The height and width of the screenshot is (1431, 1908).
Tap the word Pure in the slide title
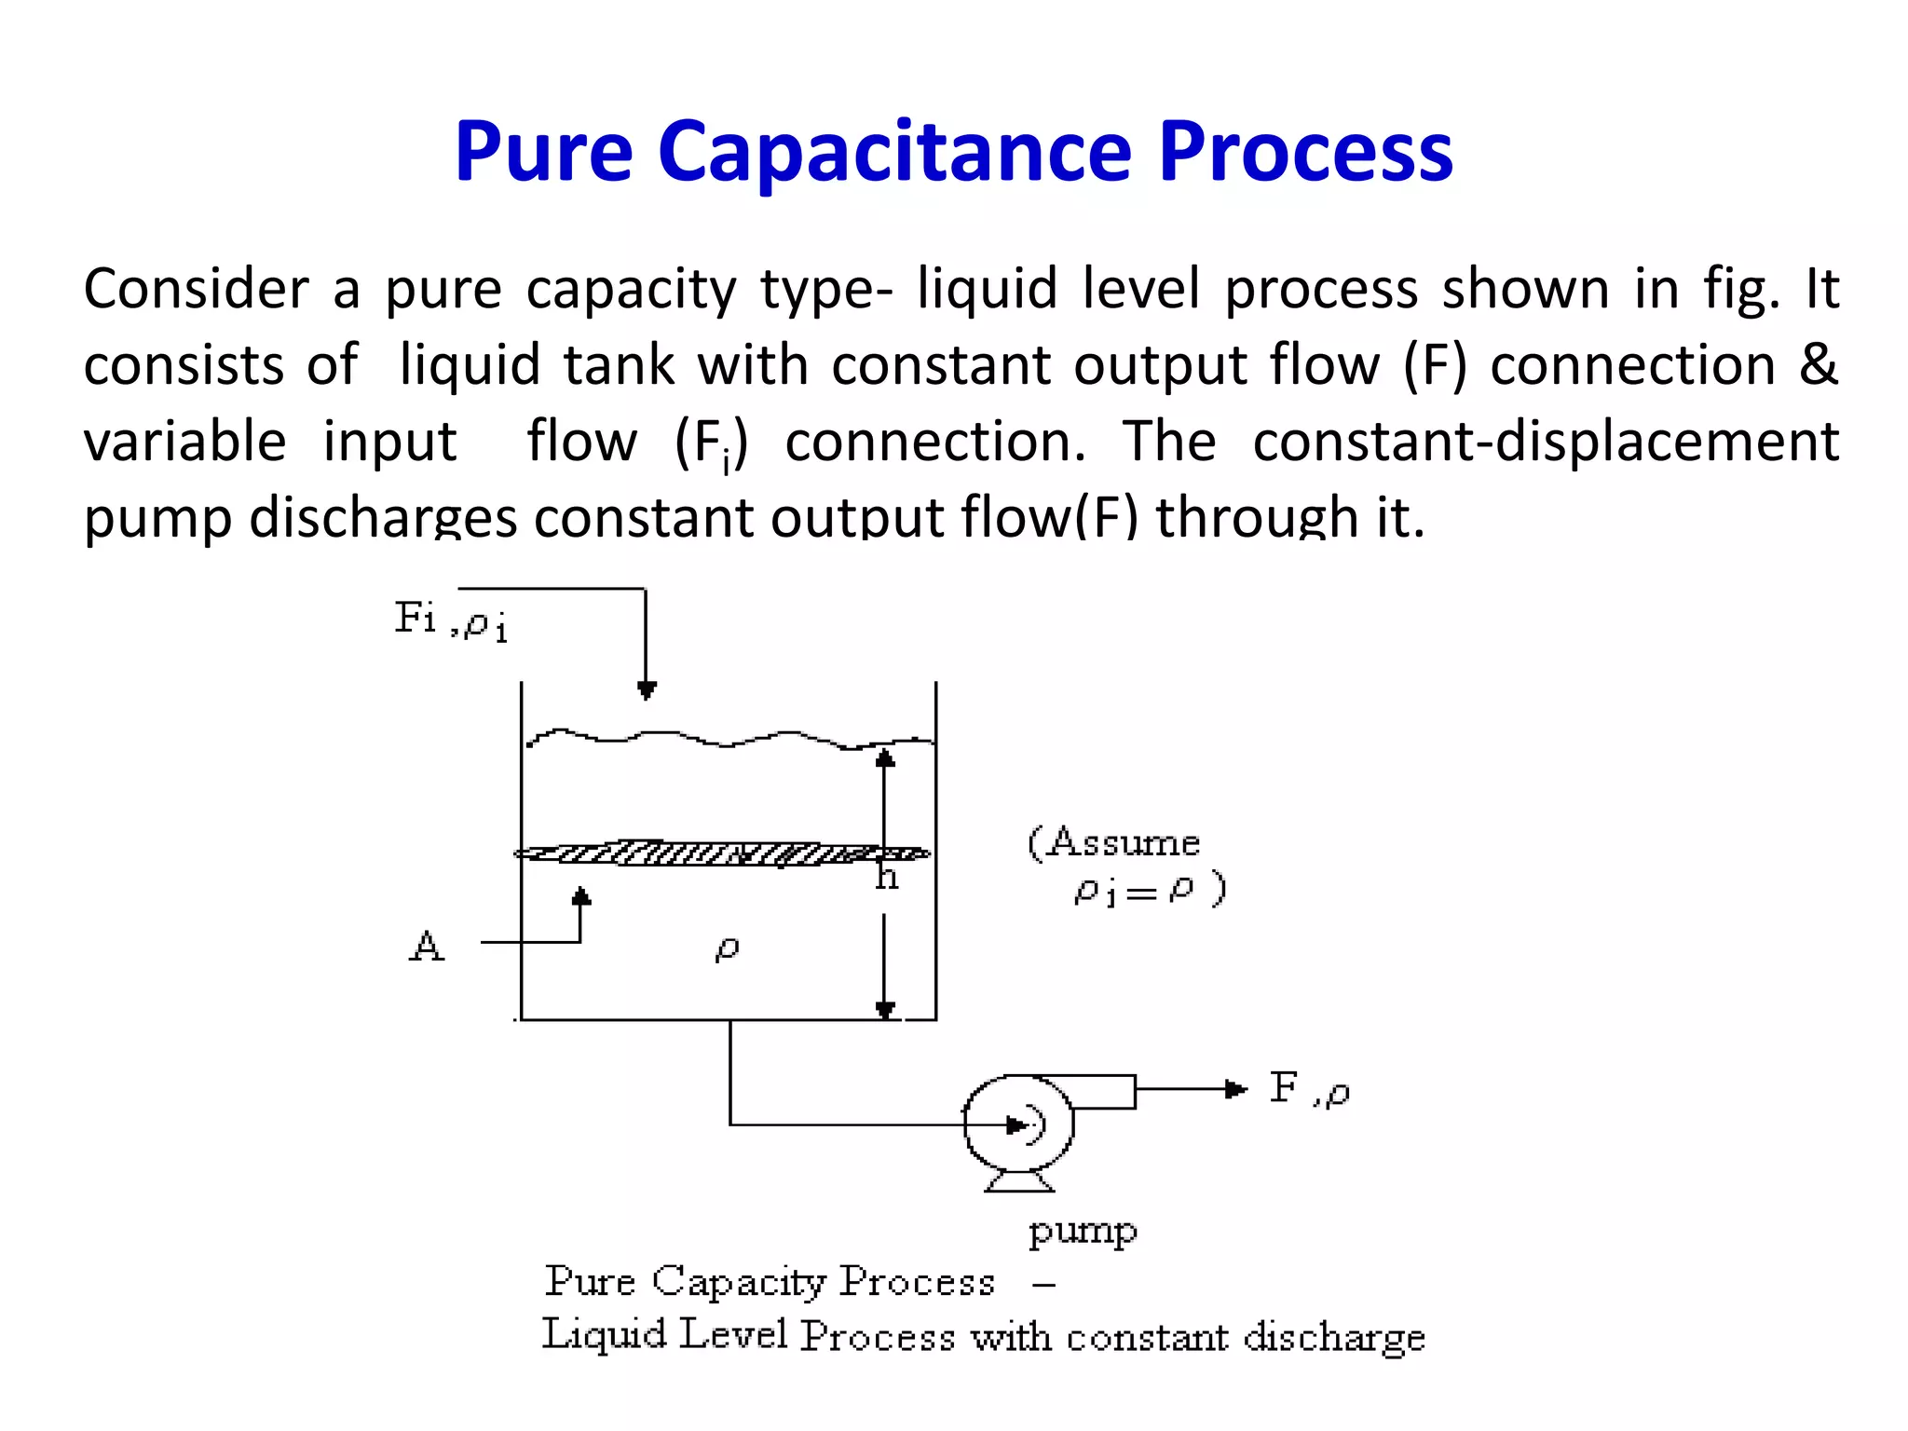543,152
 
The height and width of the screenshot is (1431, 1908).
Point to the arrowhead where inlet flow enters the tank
647,690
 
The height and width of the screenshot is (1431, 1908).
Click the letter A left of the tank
427,946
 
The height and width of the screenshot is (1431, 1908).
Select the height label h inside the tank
887,878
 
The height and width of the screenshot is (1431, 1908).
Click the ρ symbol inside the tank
727,948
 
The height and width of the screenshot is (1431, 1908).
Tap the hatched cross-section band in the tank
722,852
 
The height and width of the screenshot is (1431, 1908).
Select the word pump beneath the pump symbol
1083,1231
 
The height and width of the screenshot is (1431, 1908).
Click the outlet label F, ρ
1309,1088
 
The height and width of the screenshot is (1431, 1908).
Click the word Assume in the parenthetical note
1123,842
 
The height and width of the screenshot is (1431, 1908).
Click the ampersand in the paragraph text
1818,364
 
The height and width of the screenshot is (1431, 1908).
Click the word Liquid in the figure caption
605,1335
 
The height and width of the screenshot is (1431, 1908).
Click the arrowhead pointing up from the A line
581,896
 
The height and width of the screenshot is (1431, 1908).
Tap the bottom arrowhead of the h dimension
885,1010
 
